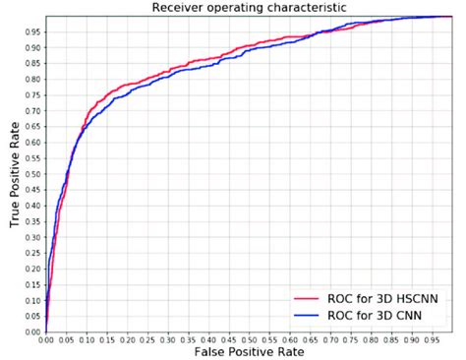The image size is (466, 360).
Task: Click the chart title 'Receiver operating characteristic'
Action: pos(248,9)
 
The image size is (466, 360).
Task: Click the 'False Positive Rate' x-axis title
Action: pos(248,351)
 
